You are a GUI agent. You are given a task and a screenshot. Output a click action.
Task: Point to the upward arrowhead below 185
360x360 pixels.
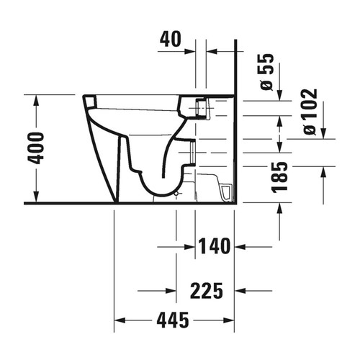coord(280,208)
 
